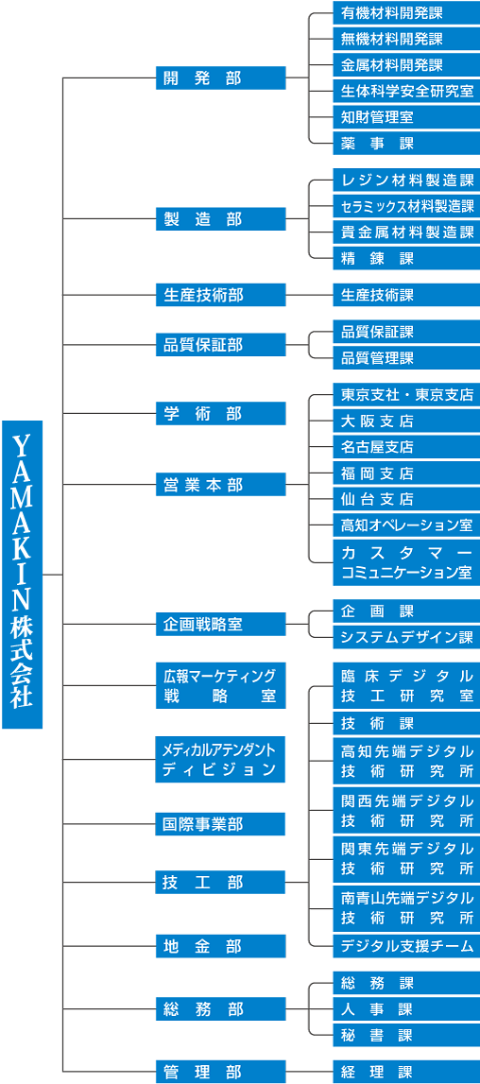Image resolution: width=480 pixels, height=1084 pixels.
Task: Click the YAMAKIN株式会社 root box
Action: coord(22,574)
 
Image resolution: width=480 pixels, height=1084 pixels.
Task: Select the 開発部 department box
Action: coord(221,78)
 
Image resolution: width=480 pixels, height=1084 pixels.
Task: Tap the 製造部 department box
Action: coord(221,219)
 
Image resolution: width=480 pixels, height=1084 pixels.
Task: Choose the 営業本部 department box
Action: coord(221,485)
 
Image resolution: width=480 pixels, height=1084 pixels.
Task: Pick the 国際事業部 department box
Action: coord(221,824)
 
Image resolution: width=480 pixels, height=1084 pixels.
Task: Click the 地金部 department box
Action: coord(221,946)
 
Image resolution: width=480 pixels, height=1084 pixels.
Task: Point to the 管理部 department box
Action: coord(221,1072)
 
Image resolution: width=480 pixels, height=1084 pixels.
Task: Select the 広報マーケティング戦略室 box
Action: coord(221,685)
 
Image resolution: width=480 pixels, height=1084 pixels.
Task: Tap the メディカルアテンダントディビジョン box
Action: coord(221,759)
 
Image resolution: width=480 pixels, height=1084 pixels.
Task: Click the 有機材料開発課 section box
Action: coord(406,12)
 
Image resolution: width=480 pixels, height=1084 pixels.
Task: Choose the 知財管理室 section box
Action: coord(406,117)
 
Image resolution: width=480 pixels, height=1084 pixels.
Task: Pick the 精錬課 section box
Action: coord(406,258)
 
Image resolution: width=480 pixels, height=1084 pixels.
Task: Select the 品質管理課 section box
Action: coord(406,358)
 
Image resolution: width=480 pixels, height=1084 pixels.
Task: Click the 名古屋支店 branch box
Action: coord(406,447)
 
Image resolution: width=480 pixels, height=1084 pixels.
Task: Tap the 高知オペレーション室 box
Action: coord(406,525)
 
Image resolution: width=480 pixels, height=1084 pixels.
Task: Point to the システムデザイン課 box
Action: coord(406,637)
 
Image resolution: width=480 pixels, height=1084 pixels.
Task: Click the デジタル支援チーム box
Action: coord(406,945)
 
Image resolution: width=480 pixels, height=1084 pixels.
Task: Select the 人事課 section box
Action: coord(406,1008)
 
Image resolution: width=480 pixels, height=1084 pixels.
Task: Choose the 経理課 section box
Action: coord(406,1072)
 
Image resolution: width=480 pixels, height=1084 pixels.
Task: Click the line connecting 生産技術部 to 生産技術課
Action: coord(309,295)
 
